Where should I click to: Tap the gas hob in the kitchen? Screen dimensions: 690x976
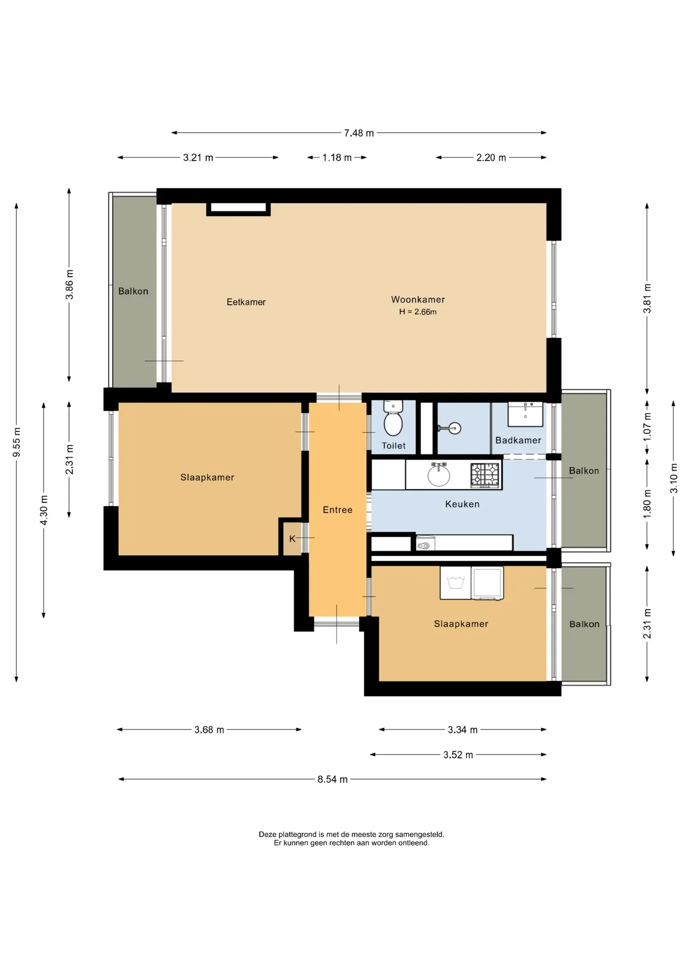coord(485,476)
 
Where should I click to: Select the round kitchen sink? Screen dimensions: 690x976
coord(438,475)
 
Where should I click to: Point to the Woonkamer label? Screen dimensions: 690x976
coord(418,299)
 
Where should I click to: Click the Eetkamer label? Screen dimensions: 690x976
coord(246,302)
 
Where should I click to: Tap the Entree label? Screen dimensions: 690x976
coord(337,510)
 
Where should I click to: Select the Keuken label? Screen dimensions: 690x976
coord(462,504)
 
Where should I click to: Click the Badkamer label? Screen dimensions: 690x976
coord(518,440)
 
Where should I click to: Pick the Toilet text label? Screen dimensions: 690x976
coord(394,446)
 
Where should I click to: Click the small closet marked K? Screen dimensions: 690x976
coord(293,538)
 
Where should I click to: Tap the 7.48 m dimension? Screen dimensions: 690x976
coord(359,133)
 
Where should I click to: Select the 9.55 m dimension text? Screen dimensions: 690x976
coord(17,442)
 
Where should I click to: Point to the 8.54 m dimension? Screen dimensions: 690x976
coord(332,779)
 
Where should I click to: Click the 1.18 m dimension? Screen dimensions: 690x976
coord(337,158)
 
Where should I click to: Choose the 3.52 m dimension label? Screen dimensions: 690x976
coord(458,755)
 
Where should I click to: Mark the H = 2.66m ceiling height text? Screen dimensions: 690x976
coord(418,312)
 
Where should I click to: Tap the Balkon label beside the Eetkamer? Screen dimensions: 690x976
coord(133,291)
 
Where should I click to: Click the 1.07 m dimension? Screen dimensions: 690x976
coord(647,426)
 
